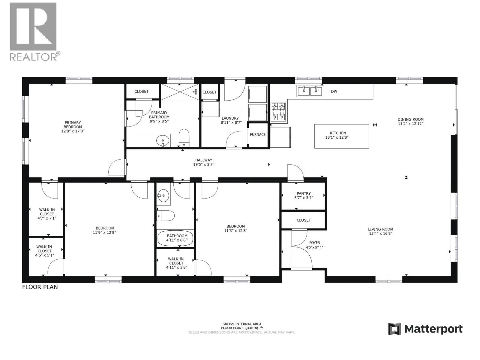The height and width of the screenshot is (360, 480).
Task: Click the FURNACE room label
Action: (258, 134)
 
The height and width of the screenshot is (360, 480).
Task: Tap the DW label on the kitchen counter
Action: (334, 91)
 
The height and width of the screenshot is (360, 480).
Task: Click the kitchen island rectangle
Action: (341, 136)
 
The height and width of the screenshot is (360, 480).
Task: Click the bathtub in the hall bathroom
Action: (175, 238)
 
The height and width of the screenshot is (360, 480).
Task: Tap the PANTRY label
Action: (304, 193)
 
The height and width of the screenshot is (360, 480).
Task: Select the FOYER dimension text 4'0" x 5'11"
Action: (314, 247)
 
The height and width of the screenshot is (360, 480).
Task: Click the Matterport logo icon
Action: (394, 329)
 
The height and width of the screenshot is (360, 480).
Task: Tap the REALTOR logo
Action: (33, 31)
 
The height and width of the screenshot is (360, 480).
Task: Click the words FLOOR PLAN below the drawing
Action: (40, 287)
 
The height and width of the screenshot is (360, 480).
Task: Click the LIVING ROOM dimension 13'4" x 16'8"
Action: (380, 233)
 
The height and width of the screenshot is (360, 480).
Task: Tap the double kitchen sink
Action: (310, 91)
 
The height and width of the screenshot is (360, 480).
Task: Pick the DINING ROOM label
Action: (410, 119)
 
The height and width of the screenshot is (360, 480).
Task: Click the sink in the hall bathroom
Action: (163, 197)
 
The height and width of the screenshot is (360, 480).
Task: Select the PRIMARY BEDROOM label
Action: (73, 124)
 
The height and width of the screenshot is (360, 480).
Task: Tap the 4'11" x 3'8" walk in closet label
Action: (176, 267)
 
